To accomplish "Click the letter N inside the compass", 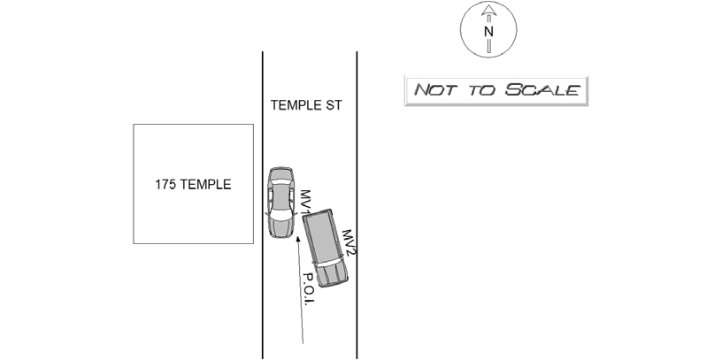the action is point(488,32).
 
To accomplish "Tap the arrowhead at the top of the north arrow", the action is point(488,10).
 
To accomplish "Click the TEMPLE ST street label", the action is point(306,105).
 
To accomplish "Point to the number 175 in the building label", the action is point(165,185).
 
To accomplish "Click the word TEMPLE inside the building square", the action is point(205,185).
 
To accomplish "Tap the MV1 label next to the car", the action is point(305,202).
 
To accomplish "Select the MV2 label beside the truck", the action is point(349,242).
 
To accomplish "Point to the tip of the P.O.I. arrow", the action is point(297,237).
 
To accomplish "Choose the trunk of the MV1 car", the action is point(280,228).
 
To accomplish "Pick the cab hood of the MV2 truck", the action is point(334,275).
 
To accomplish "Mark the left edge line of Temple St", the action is point(263,205).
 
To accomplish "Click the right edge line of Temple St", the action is point(357,205).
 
